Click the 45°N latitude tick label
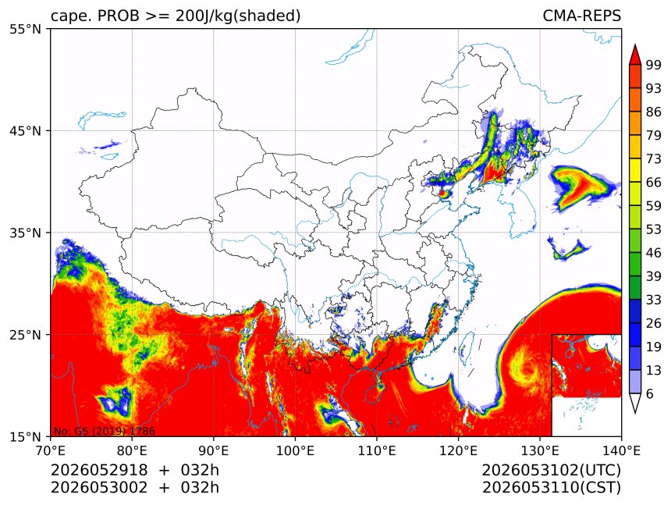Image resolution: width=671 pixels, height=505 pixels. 26,130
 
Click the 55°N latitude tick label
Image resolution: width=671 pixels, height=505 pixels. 26,29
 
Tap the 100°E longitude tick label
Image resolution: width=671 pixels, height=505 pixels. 294,450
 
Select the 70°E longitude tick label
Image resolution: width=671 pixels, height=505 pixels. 51,450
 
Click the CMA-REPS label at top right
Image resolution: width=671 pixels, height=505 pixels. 581,16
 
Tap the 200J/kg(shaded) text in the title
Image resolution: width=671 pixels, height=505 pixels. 238,16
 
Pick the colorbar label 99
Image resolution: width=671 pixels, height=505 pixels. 654,65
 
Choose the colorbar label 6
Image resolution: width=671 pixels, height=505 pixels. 650,393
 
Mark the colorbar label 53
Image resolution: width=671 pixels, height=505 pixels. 654,229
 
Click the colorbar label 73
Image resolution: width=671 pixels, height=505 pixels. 654,158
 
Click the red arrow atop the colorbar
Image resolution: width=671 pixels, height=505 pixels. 635,55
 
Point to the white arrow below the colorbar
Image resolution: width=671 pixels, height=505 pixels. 635,403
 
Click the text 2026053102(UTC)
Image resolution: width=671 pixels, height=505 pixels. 551,471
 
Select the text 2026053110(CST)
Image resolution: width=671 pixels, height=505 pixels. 551,488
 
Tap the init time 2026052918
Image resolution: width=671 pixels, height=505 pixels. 99,470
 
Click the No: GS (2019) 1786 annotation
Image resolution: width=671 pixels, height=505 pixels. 104,431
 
